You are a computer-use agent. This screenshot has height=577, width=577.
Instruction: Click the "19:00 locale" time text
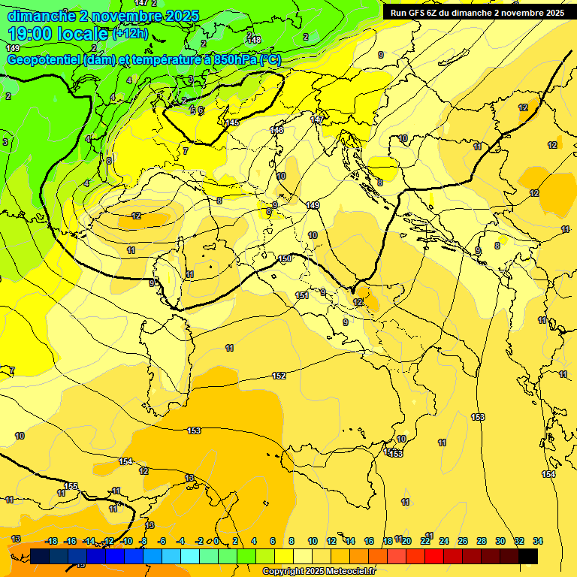[59, 33]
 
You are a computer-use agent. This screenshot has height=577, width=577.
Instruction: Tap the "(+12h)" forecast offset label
[129, 34]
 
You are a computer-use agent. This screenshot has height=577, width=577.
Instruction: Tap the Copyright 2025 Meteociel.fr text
[319, 572]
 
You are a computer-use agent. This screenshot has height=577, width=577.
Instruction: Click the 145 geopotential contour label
[232, 122]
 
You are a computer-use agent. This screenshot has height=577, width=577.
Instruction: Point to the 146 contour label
[276, 130]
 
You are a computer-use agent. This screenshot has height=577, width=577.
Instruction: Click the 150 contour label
[285, 258]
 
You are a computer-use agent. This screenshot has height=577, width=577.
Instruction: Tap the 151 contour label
[302, 295]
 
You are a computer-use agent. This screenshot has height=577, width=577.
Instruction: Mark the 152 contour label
[279, 375]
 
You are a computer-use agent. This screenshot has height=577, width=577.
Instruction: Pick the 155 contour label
[71, 486]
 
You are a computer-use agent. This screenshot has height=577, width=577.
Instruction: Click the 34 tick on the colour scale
[538, 541]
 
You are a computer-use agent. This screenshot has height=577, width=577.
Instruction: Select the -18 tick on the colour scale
[51, 541]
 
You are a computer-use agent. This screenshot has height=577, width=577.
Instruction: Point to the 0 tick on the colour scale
[216, 541]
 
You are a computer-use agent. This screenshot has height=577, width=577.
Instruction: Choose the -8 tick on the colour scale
[143, 541]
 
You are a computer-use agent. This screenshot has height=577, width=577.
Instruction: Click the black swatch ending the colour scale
[528, 556]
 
